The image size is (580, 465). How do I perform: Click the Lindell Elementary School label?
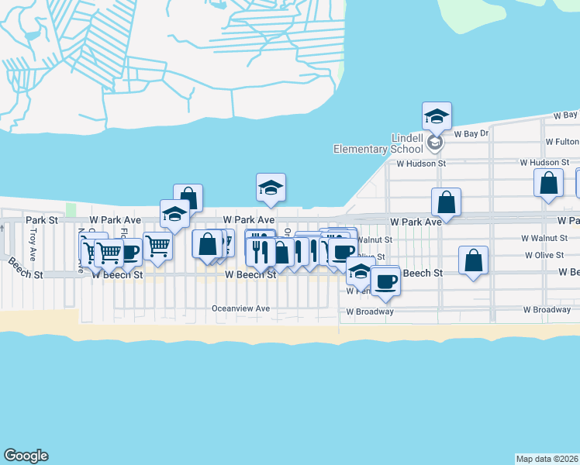[x=378, y=143]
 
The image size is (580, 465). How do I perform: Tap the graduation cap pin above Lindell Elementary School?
[x=437, y=117]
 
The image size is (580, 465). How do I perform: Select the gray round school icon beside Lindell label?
[x=435, y=143]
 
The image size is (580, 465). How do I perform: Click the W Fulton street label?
[x=562, y=142]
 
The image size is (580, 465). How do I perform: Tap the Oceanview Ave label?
[x=240, y=308]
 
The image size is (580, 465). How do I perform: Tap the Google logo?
[x=26, y=456]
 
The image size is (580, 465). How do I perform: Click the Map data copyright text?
[x=547, y=459]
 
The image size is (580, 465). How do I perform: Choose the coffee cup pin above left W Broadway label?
[x=385, y=281]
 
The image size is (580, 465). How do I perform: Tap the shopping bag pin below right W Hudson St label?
[x=548, y=183]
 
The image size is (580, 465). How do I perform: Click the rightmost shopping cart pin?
[x=158, y=246]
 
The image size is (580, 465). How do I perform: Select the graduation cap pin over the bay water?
[x=271, y=188]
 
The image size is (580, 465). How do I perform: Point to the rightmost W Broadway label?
[x=547, y=310]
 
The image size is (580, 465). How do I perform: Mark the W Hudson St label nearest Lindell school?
[x=421, y=164]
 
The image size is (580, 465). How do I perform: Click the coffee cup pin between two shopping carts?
[x=129, y=251]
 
